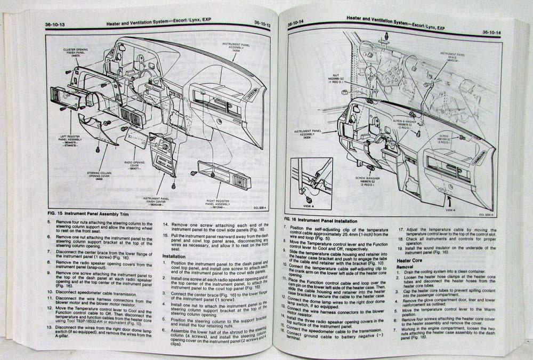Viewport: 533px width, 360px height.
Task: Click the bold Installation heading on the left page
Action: click(176, 256)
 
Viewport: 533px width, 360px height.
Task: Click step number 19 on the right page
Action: click(401, 249)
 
